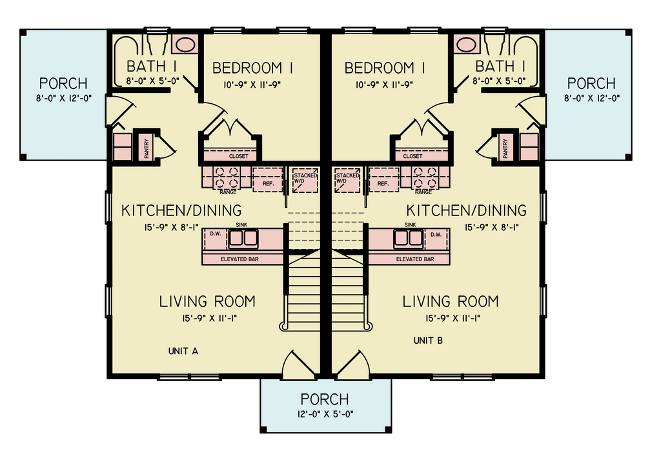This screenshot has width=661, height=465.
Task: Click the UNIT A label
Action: pyautogui.click(x=183, y=351)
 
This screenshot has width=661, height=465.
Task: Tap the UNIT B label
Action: pyautogui.click(x=428, y=340)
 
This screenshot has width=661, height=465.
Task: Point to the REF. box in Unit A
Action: pyautogui.click(x=267, y=178)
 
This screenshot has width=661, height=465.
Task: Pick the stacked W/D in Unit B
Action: pyautogui.click(x=347, y=179)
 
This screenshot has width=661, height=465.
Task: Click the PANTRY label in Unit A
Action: pyautogui.click(x=147, y=146)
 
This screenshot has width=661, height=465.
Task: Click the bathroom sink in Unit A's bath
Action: pyautogui.click(x=186, y=45)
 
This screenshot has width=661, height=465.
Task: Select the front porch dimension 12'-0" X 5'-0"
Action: pyautogui.click(x=325, y=414)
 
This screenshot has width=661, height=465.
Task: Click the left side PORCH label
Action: pyautogui.click(x=63, y=84)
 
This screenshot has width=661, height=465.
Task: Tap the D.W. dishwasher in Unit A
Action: pyautogui.click(x=215, y=234)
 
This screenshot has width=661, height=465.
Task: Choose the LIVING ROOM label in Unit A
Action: pyautogui.click(x=207, y=301)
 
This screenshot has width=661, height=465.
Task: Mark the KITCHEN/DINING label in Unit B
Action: pyautogui.click(x=466, y=210)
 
